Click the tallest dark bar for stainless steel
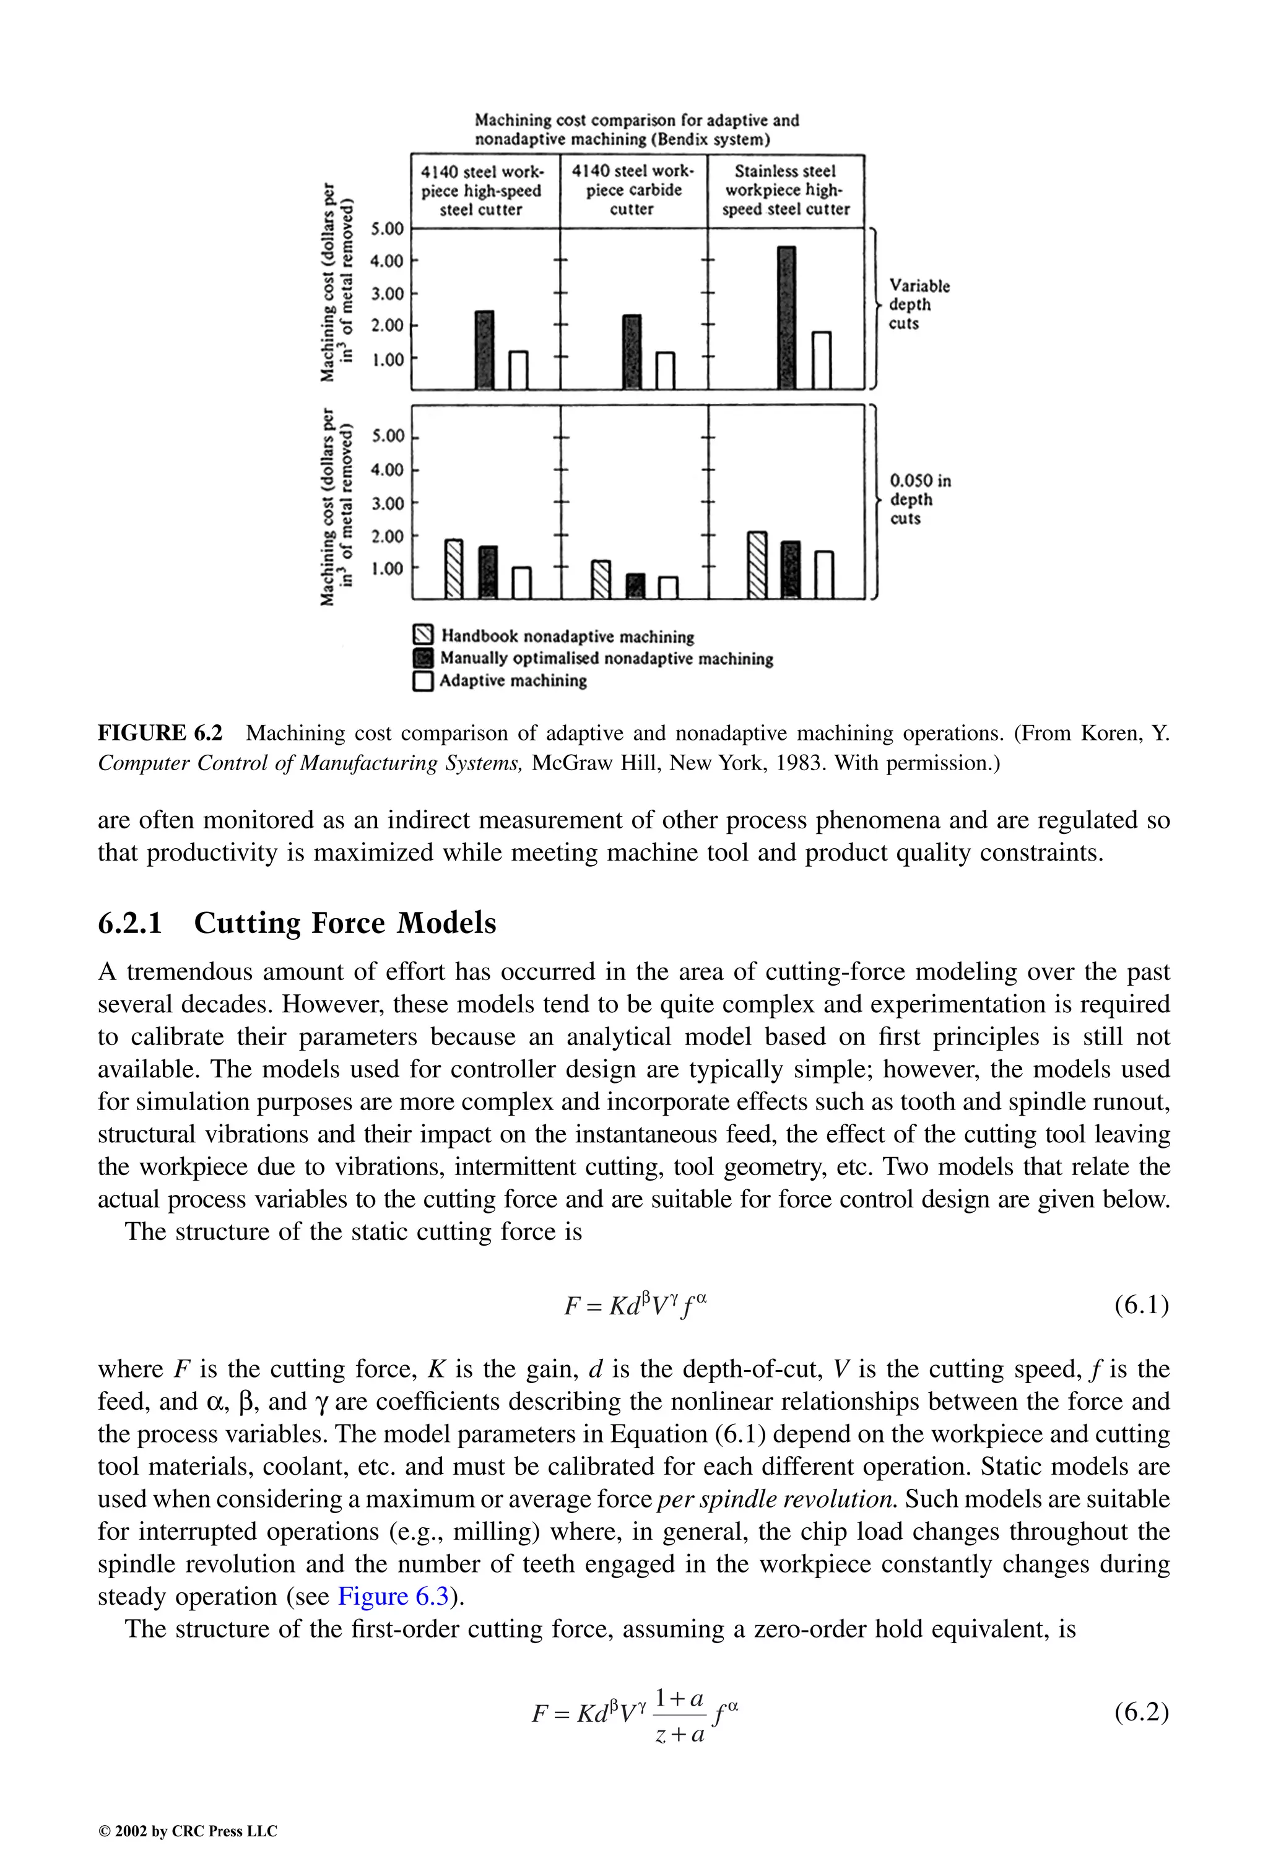pos(786,318)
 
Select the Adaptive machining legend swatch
pos(423,681)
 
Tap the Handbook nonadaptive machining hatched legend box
pos(423,635)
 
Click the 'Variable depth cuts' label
pos(918,305)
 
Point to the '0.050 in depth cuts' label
pos(919,499)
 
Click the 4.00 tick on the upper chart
pos(388,261)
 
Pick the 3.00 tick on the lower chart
pos(388,503)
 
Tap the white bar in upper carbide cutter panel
pos(665,370)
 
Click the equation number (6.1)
pos(1141,1305)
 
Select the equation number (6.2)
pos(1141,1712)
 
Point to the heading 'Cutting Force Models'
pos(344,922)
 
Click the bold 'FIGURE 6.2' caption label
pos(160,733)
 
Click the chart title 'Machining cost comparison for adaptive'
pos(636,120)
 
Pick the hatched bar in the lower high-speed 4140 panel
pos(454,568)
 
